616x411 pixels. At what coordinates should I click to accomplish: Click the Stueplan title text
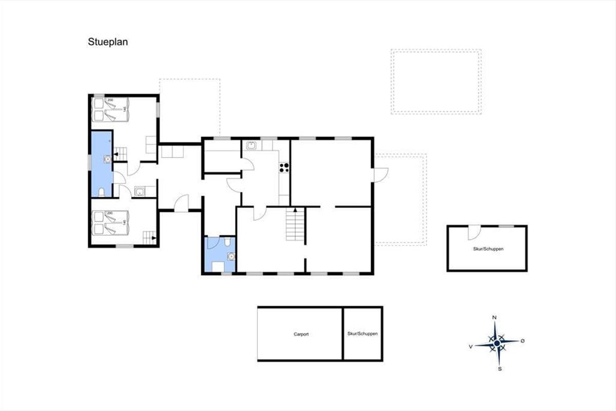pyautogui.click(x=108, y=42)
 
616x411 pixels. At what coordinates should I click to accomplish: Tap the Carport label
pyautogui.click(x=301, y=334)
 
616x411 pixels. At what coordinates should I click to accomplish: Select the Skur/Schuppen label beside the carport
pyautogui.click(x=362, y=333)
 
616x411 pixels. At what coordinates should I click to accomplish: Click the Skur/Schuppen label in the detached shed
pyautogui.click(x=488, y=249)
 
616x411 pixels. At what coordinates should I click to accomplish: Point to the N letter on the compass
pyautogui.click(x=494, y=317)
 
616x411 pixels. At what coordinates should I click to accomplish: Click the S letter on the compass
pyautogui.click(x=500, y=369)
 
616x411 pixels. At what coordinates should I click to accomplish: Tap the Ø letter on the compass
pyautogui.click(x=523, y=341)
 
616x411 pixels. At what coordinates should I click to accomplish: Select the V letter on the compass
pyautogui.click(x=471, y=347)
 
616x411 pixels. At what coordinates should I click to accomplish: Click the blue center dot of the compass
pyautogui.click(x=497, y=343)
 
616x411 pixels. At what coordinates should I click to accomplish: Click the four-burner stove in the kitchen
pyautogui.click(x=284, y=167)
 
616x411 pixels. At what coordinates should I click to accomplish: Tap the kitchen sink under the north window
pyautogui.click(x=251, y=145)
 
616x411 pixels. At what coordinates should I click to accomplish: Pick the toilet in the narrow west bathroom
pyautogui.click(x=102, y=192)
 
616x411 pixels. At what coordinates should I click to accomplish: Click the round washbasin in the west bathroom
pyautogui.click(x=107, y=159)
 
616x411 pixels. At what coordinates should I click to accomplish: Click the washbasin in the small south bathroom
pyautogui.click(x=232, y=256)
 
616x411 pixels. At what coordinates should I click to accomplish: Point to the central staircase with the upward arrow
pyautogui.click(x=295, y=224)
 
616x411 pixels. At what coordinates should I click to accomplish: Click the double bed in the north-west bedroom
pyautogui.click(x=110, y=109)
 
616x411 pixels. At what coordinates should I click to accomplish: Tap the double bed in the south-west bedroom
pyautogui.click(x=110, y=223)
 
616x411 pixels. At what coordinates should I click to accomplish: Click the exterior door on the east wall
pyautogui.click(x=380, y=175)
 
